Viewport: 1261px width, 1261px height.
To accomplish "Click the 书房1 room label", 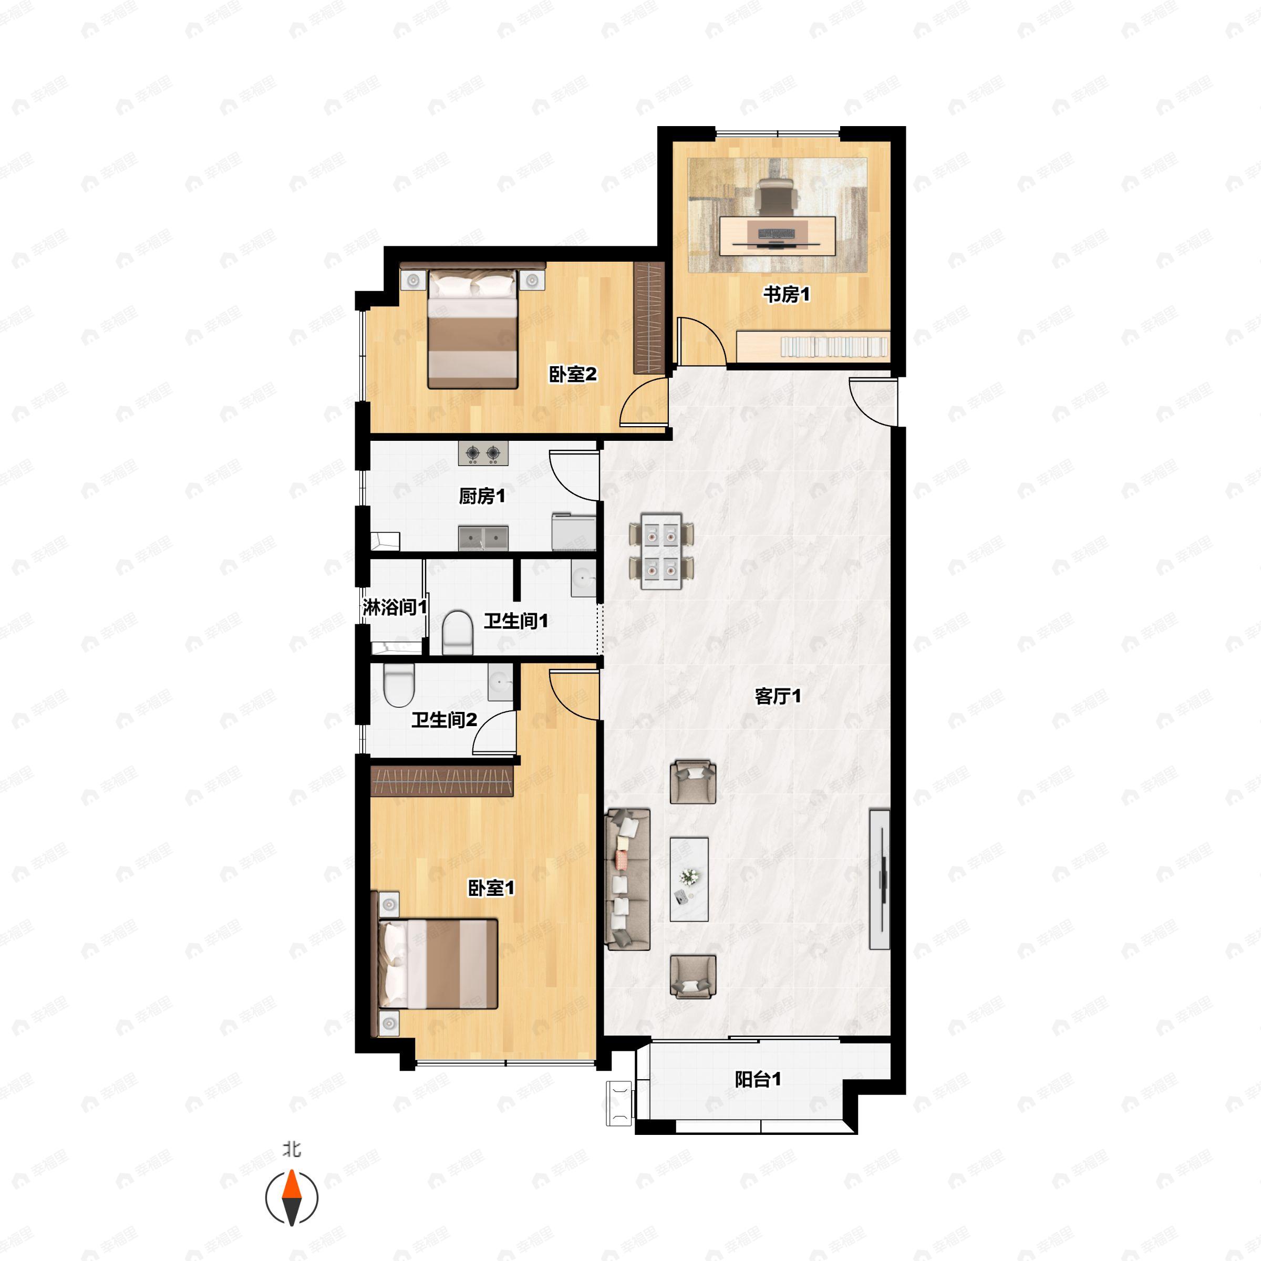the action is tap(787, 294).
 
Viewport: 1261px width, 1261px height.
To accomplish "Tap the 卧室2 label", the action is tap(572, 374).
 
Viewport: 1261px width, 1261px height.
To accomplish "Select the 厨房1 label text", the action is tap(482, 496).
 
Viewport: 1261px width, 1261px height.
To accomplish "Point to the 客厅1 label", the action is tap(778, 696).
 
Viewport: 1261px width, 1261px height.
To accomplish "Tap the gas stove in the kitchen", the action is tap(483, 453).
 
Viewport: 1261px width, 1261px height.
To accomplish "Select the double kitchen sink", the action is tap(483, 538).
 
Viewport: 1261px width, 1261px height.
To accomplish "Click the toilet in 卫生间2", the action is tap(399, 686).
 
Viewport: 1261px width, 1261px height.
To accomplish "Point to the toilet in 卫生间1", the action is tap(458, 632).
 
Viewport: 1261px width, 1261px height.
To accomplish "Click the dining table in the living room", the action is tap(661, 551).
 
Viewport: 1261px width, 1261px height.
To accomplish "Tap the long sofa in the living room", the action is tap(628, 878).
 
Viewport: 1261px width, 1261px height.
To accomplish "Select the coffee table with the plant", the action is tap(689, 879).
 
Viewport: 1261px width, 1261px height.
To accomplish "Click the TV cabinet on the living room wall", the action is tap(880, 878).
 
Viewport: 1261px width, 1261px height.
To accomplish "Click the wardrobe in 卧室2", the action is tap(649, 317).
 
